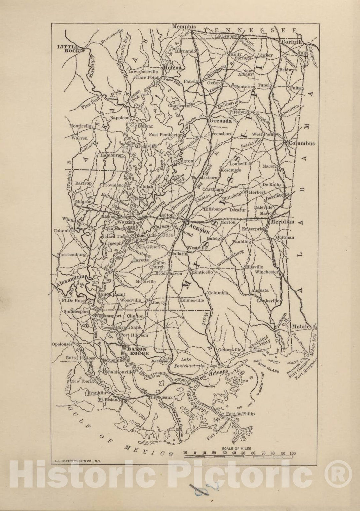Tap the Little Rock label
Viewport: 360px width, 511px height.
68,49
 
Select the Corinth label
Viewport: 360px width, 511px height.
292,42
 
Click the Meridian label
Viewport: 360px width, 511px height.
283,222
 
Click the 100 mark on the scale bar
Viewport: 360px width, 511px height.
292,453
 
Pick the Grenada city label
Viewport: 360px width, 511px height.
220,121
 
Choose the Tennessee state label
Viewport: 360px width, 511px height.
250,30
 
